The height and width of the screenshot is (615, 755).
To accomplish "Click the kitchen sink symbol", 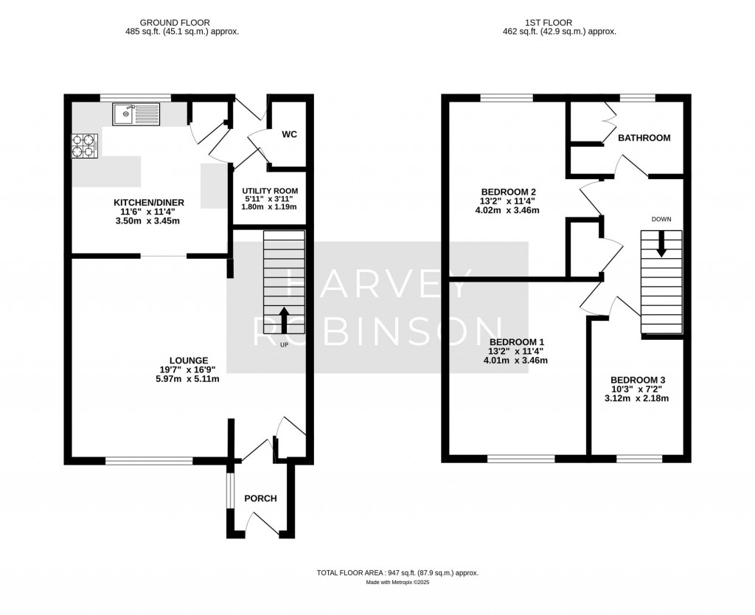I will coord(136,114).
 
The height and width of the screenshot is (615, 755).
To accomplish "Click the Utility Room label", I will coord(269,190).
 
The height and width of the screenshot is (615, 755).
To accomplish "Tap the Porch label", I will coord(260,498).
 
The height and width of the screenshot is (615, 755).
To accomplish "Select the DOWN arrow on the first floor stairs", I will coord(661,244).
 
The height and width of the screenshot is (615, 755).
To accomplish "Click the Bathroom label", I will coord(644,138).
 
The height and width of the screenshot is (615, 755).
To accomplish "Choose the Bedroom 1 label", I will coord(517,342).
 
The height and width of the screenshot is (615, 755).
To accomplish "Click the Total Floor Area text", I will coord(398,572).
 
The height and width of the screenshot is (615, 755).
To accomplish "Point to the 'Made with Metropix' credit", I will coord(398,583).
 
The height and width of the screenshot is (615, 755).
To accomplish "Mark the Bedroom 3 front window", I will coord(639,459).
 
